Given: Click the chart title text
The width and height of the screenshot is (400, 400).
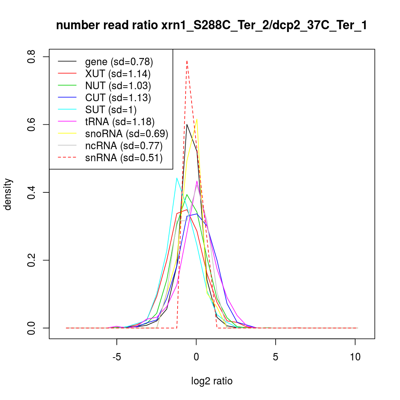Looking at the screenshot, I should pos(212,26).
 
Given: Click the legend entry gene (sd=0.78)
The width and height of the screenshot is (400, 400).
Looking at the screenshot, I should pos(119,62).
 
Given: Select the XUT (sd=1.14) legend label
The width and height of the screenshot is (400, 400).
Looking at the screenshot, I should pos(118,74).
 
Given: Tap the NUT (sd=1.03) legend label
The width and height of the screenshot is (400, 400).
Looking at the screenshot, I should pos(118,86).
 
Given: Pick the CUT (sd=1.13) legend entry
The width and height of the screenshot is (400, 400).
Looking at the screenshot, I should pos(118,98).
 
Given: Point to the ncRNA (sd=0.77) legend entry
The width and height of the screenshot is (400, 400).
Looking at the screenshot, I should pos(124,146).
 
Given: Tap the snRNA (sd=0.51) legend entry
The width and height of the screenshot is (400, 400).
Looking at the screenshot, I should pos(124,158).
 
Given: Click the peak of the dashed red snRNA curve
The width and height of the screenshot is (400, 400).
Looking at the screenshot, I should pos(187,61).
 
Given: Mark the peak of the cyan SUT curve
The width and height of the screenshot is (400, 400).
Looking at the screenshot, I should pos(177,178).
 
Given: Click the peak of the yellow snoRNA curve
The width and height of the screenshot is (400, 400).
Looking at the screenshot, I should pos(197,119).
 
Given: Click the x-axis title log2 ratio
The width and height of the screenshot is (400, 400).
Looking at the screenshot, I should pos(212,381).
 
